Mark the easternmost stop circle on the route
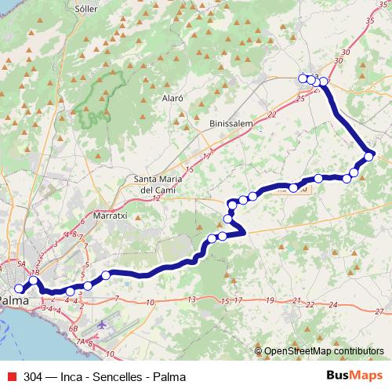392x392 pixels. [370, 154]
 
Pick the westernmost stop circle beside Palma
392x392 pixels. [20, 289]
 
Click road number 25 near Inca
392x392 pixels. [300, 100]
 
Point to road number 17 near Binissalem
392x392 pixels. [207, 157]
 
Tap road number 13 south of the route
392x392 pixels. [191, 299]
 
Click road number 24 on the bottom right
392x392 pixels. [333, 303]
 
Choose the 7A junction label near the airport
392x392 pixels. [82, 342]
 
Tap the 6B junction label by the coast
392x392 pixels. [74, 328]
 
